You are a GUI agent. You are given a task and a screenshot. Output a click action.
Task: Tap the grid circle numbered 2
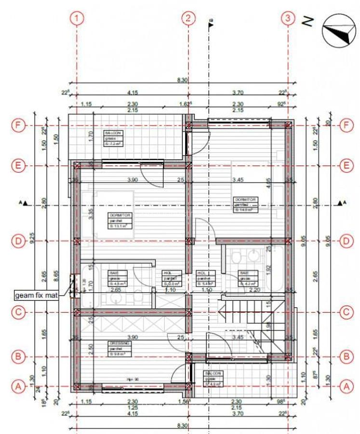point(188,19)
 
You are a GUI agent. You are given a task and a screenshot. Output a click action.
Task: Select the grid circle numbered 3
point(288,19)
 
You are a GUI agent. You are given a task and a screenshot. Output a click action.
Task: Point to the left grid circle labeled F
point(18,126)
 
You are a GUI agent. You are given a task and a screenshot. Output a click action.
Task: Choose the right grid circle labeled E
point(345,165)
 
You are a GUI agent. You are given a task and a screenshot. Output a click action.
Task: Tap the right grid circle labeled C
point(345,312)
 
